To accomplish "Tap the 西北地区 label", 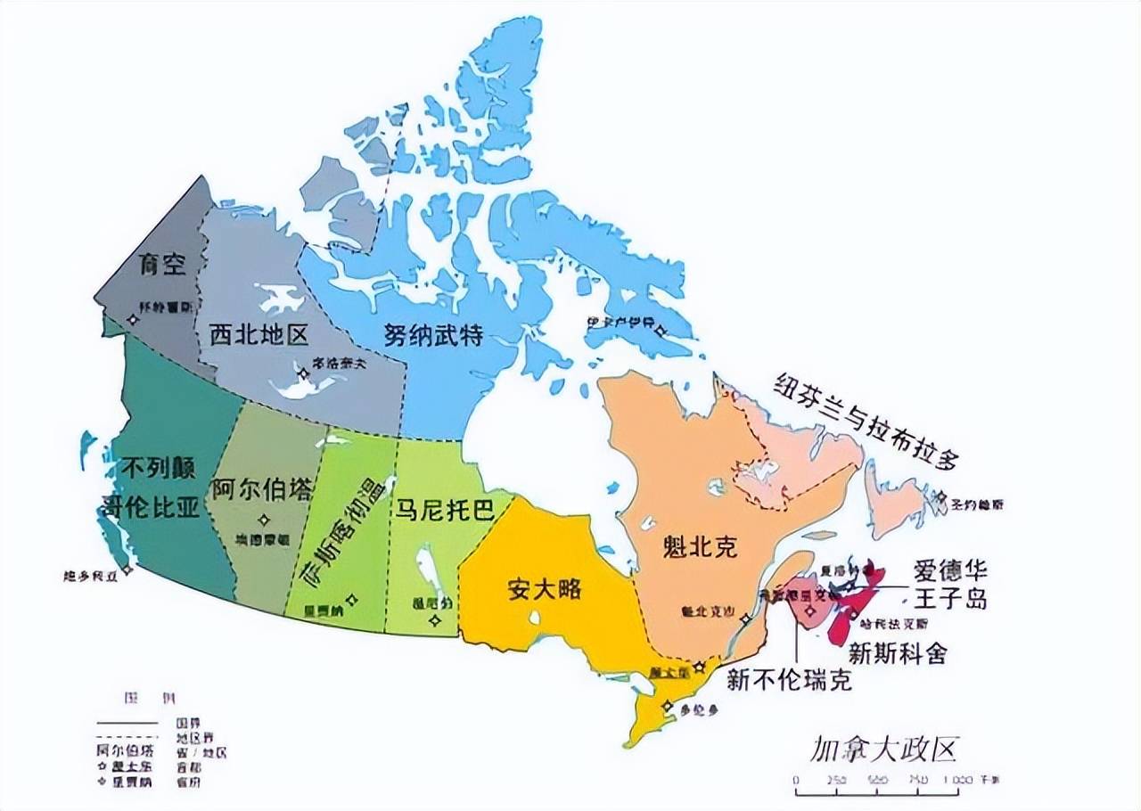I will pos(259,335).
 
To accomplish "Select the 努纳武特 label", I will pos(434,335).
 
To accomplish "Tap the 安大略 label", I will pos(544,588).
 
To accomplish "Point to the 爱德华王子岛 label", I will pos(950,584).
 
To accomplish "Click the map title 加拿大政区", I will pos(882,750).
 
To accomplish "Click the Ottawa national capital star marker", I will pos(701,667).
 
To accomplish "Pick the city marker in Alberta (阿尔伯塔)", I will pos(263,520).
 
